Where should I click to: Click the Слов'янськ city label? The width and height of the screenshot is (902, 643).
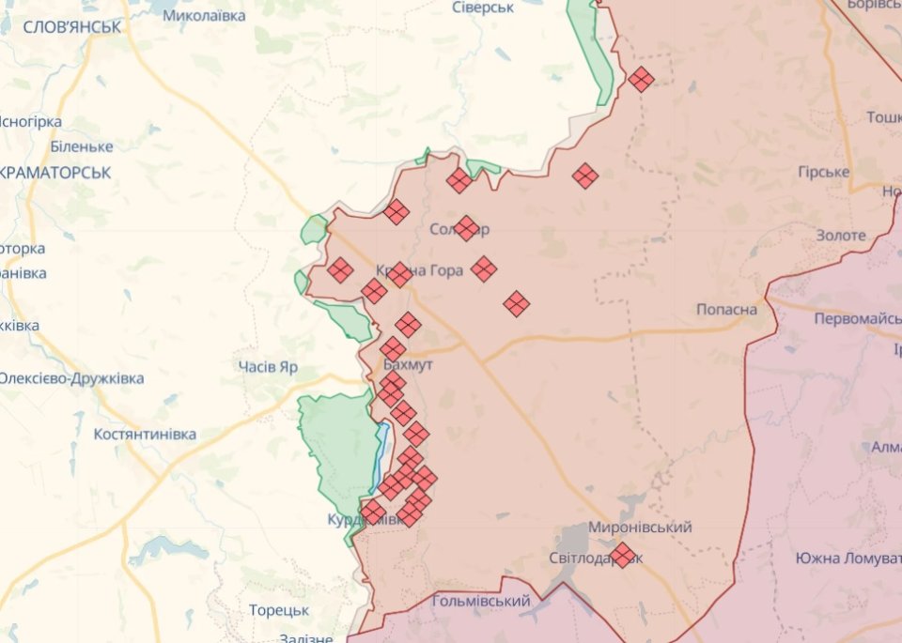71,27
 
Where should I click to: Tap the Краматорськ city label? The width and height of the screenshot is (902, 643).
56,173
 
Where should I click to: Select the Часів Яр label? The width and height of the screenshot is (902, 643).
268,367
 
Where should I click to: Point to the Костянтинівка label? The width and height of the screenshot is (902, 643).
145,435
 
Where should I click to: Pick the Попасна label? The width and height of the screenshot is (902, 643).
727,310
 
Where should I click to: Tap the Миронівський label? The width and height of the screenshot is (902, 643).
640,528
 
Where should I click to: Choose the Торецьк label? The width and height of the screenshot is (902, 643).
279,610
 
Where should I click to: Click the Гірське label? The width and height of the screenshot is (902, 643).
823,173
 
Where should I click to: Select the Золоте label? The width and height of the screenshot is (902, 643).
841,236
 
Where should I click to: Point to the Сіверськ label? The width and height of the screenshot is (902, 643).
483,8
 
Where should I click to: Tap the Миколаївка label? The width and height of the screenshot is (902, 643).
204,16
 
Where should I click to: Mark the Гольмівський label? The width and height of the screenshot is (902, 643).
482,601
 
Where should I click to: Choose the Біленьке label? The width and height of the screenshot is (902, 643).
82,146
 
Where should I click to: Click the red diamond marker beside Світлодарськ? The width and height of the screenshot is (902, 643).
622,555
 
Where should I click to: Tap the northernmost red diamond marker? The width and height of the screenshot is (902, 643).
642,80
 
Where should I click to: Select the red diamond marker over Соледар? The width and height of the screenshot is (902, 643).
467,228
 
